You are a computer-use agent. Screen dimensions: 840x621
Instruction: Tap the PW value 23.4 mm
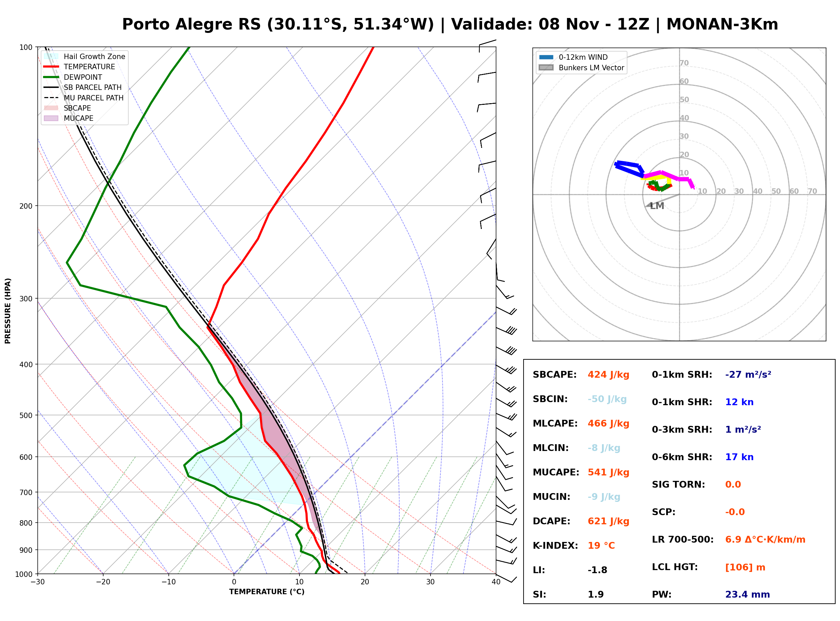(748, 595)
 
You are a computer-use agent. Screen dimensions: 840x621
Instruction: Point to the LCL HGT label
(675, 567)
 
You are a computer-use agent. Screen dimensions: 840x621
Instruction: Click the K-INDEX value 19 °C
(601, 546)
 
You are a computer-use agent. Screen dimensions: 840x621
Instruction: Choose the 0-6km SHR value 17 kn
(739, 457)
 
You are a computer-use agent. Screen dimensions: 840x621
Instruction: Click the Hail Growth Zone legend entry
(85, 57)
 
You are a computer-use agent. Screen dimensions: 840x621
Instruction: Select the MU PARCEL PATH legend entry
(84, 98)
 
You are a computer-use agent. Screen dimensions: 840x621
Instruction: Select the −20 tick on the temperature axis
(103, 582)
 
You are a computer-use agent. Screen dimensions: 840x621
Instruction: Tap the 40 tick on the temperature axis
(496, 582)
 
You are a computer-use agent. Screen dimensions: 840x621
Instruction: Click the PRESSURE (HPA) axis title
(8, 311)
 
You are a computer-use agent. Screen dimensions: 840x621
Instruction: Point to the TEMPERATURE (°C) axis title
(267, 592)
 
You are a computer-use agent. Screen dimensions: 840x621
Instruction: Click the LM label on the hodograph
(657, 206)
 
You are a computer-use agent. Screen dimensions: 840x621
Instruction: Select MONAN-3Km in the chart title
(722, 24)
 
